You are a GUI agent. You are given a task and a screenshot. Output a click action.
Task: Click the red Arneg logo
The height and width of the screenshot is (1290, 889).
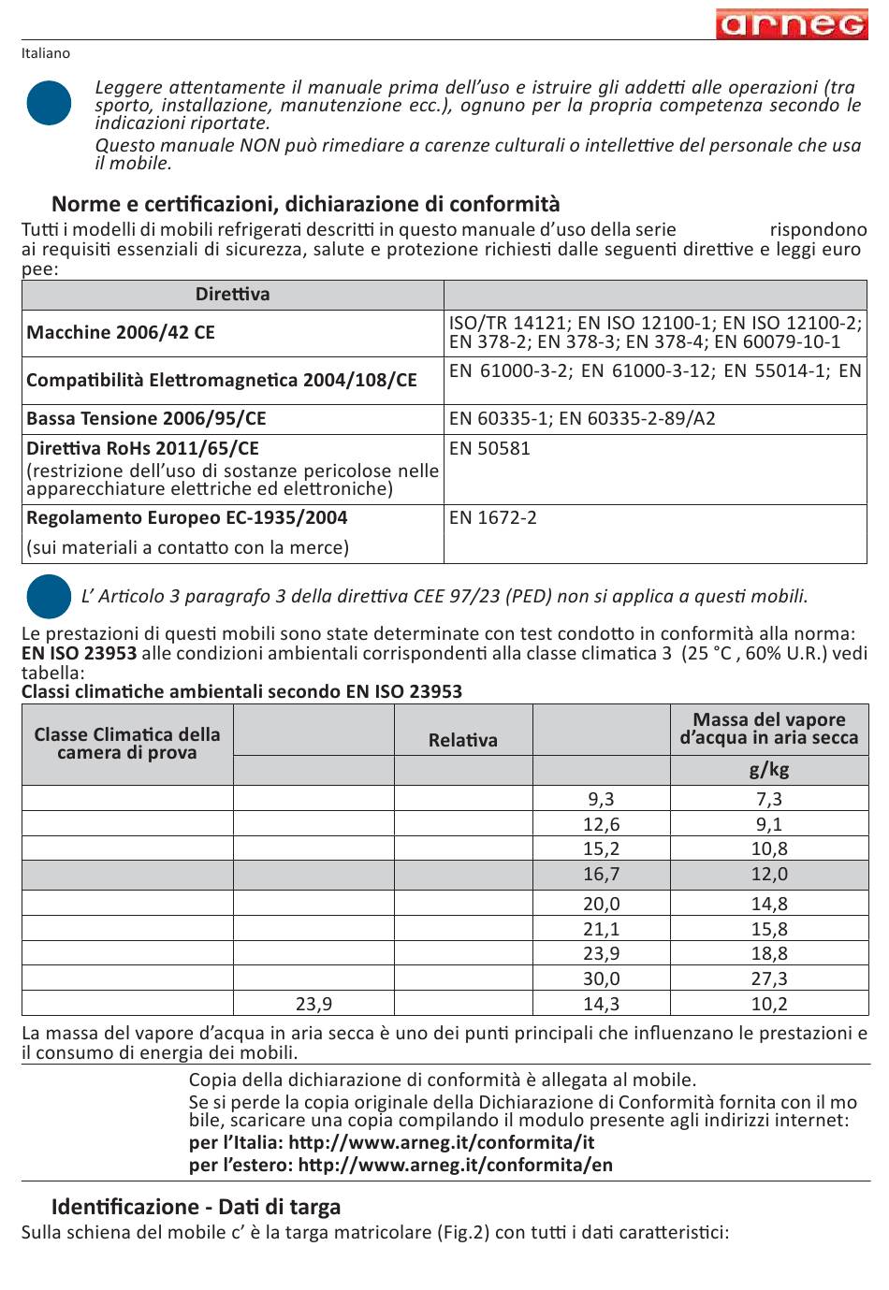pyautogui.click(x=792, y=24)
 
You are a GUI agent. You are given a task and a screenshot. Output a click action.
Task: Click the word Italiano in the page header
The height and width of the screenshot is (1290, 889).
pyautogui.click(x=46, y=53)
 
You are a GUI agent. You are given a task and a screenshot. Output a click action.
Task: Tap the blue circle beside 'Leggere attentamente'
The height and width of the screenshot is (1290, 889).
pyautogui.click(x=49, y=103)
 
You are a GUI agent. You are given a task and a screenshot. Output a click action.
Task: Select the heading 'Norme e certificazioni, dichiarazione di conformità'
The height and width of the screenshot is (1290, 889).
pyautogui.click(x=305, y=204)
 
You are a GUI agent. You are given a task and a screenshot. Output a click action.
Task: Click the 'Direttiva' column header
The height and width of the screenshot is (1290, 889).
pyautogui.click(x=232, y=295)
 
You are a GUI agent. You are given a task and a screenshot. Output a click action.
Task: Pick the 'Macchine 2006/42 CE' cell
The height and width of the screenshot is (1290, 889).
pyautogui.click(x=121, y=333)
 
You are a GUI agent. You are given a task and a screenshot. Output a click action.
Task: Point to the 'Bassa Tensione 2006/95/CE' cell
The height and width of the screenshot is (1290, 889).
pyautogui.click(x=146, y=418)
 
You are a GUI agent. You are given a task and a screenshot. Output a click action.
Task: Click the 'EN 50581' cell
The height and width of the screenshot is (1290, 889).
pyautogui.click(x=489, y=448)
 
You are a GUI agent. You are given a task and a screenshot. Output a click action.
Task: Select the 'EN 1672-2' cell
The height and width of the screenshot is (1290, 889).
pyautogui.click(x=493, y=517)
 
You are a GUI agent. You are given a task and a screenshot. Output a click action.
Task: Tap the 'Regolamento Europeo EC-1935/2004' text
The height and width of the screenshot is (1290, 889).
pyautogui.click(x=187, y=517)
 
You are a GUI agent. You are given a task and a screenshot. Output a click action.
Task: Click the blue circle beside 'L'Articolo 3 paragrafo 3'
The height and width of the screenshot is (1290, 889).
pyautogui.click(x=49, y=596)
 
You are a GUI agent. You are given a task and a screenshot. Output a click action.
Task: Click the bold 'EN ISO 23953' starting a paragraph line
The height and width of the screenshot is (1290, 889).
pyautogui.click(x=79, y=653)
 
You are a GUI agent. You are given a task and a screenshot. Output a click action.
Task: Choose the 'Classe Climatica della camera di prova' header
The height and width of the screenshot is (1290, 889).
pyautogui.click(x=127, y=744)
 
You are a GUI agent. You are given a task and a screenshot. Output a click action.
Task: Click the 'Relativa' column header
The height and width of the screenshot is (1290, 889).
pyautogui.click(x=463, y=740)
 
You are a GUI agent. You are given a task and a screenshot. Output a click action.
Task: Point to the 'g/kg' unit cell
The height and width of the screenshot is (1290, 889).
pyautogui.click(x=769, y=770)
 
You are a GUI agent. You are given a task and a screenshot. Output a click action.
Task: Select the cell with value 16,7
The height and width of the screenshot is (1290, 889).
pyautogui.click(x=601, y=874)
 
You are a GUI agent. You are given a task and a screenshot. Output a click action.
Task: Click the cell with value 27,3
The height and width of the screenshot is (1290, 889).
pyautogui.click(x=769, y=978)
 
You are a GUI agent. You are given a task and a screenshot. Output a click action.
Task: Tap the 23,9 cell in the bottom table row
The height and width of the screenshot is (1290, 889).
pyautogui.click(x=313, y=1004)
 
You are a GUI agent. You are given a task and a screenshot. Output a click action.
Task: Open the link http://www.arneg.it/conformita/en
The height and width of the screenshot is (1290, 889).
pyautogui.click(x=456, y=1165)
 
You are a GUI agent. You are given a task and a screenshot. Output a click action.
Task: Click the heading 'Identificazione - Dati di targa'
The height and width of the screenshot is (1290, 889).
pyautogui.click(x=196, y=1207)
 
